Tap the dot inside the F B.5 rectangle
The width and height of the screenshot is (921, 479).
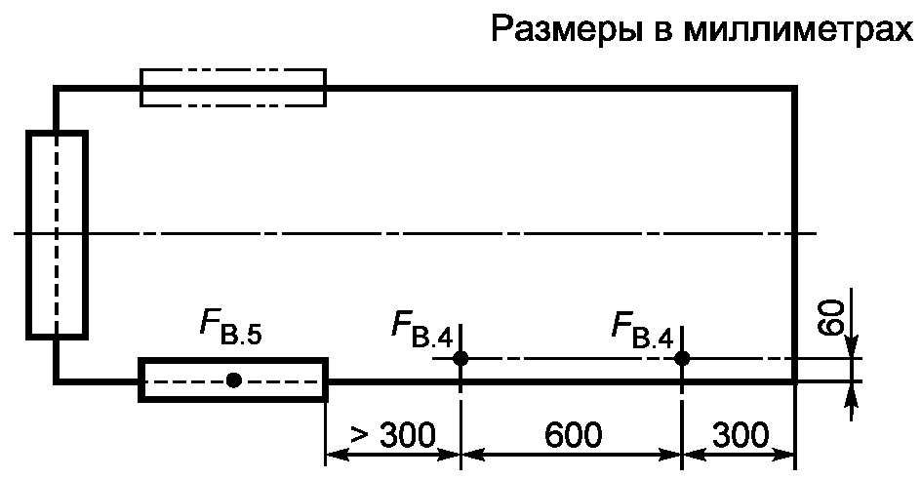[233, 379]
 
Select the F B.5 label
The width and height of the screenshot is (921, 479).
[231, 333]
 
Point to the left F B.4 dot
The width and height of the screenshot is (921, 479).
[460, 358]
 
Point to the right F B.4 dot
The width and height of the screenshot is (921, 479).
[682, 358]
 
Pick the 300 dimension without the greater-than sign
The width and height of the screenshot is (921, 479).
[740, 432]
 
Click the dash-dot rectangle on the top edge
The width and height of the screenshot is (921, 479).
[233, 87]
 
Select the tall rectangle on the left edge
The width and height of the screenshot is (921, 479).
[57, 234]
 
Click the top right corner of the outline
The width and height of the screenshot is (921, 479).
[795, 89]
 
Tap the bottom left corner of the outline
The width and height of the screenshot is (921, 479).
[57, 380]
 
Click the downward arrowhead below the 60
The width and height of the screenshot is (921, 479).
[853, 349]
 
